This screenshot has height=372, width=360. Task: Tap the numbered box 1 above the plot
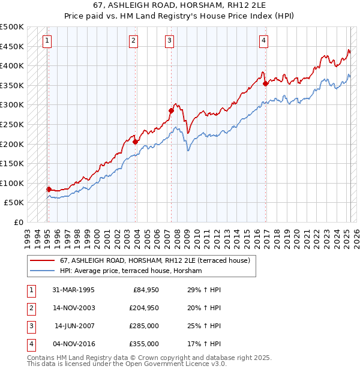[47, 41]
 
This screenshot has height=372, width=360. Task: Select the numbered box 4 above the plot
[263, 41]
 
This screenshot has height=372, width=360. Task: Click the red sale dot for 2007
[171, 110]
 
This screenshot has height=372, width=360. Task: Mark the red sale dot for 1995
[49, 188]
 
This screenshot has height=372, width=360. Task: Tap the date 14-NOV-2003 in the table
[74, 308]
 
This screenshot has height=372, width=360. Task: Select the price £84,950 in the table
[146, 290]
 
